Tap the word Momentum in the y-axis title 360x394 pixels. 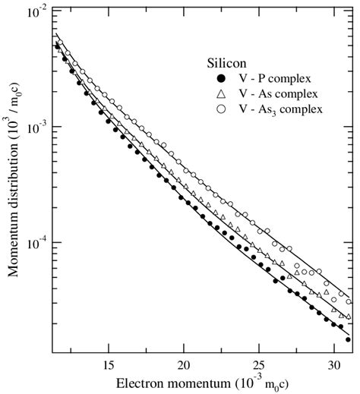point(13,251)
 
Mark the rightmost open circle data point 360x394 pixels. point(349,301)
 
